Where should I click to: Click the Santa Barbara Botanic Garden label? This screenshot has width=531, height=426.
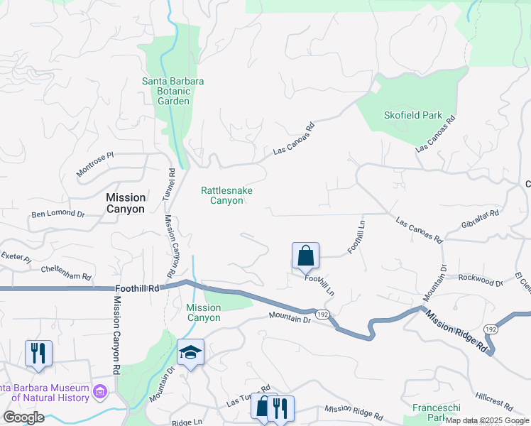click(173, 91)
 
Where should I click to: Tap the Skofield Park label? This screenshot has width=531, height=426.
click(412, 115)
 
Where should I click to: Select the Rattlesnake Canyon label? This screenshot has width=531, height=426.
click(226, 195)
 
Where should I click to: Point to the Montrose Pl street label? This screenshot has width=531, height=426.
click(95, 165)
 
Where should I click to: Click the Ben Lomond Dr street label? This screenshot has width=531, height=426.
click(58, 214)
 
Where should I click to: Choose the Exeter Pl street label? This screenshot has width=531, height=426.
click(16, 257)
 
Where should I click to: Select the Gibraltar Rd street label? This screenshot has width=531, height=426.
click(480, 218)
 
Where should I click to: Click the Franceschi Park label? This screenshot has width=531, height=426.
click(437, 413)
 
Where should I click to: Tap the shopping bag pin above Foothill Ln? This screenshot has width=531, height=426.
click(305, 256)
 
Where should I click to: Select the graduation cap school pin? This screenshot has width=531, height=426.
click(190, 352)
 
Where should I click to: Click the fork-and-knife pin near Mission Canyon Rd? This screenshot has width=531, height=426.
click(38, 353)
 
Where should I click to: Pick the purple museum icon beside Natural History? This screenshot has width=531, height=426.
click(100, 392)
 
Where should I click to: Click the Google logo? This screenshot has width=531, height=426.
click(23, 417)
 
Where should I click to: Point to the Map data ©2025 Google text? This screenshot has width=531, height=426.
click(487, 420)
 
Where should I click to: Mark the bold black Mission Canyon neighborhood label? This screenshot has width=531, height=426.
click(125, 203)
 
